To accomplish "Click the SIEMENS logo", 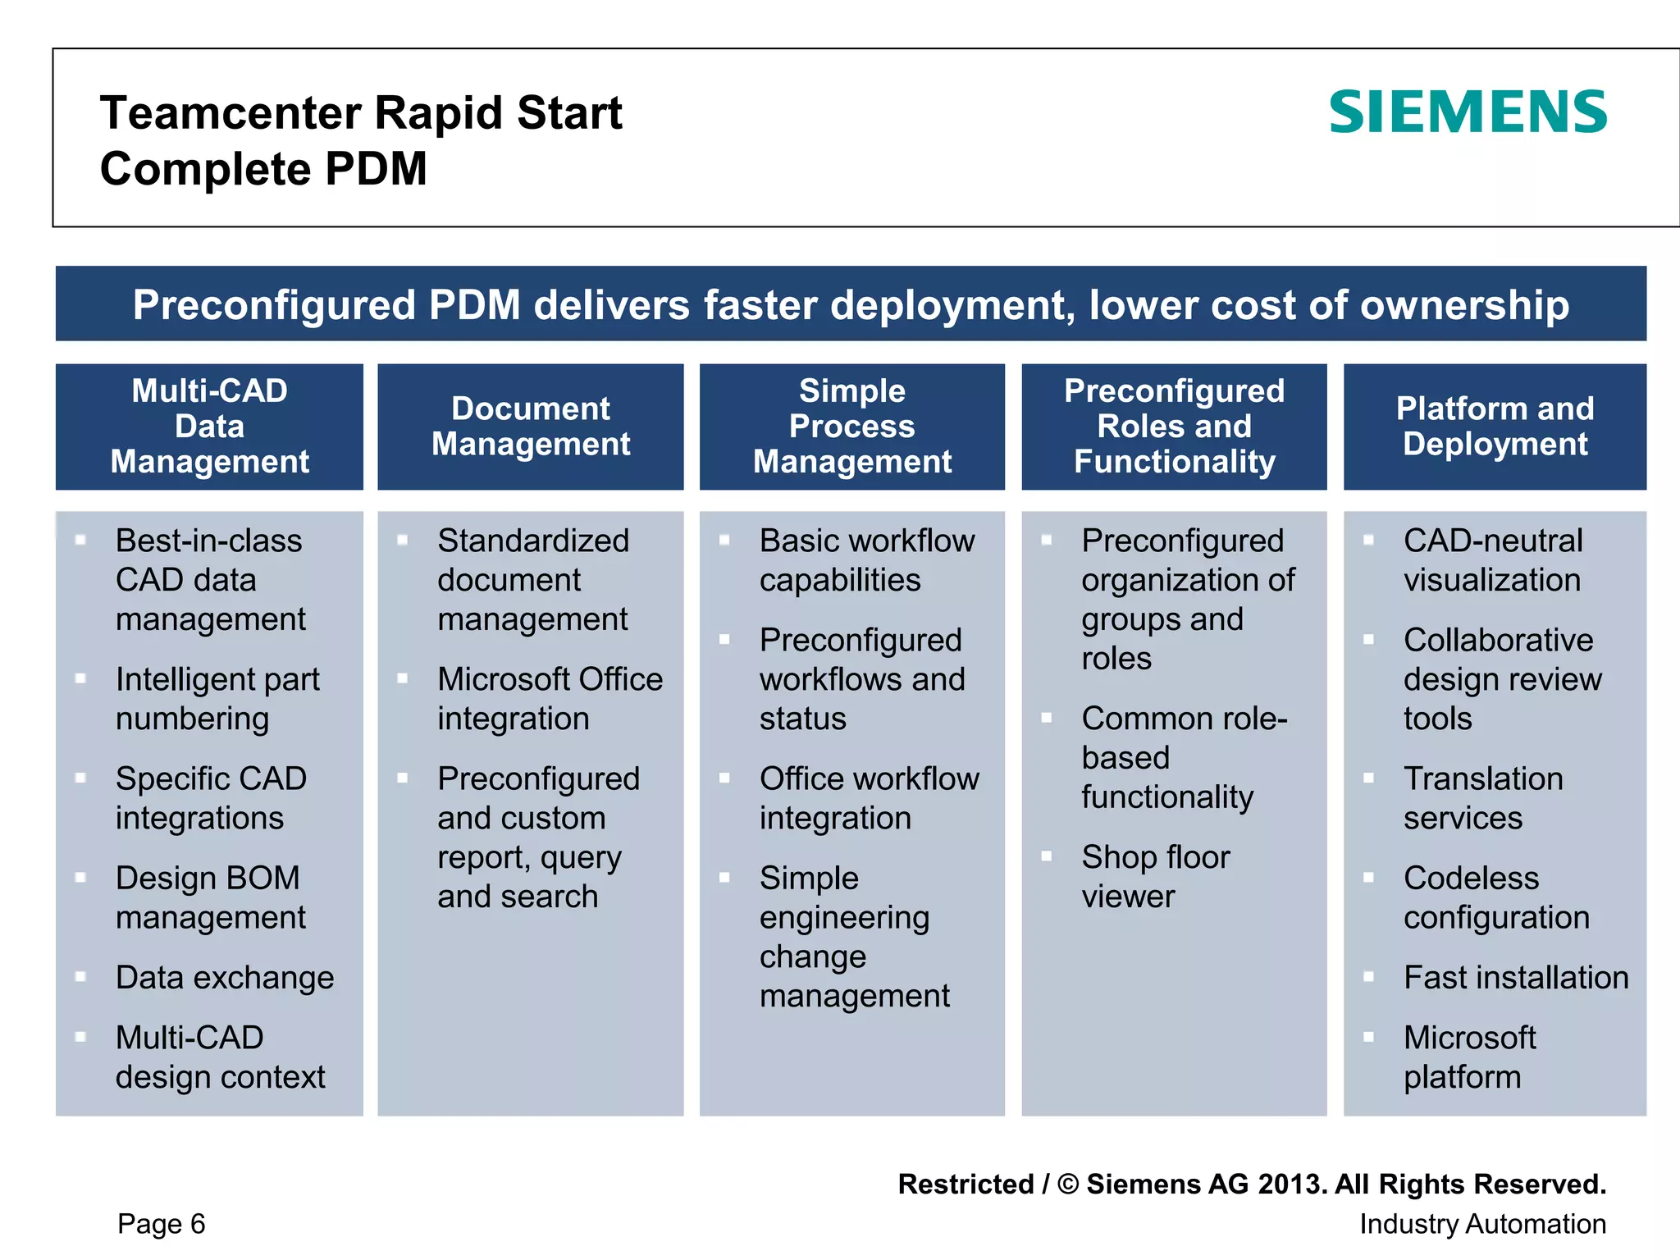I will [1468, 112].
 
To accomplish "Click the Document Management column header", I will [531, 427].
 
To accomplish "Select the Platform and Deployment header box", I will [1495, 427].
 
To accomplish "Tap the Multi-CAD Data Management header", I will [209, 427].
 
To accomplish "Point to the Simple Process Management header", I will [852, 427].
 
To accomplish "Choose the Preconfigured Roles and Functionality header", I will [1174, 427].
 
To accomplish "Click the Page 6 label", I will [161, 1223].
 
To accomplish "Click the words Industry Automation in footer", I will [1482, 1223].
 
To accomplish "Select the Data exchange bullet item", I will [225, 977].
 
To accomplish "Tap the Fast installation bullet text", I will [1515, 977].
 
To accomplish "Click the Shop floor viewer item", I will [1155, 876].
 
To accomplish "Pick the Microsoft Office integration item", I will [549, 698].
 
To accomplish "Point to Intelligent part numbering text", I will [217, 698].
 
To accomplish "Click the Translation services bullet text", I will [1482, 797].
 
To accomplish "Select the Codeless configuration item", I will [1495, 897].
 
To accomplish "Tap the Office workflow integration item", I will [868, 797].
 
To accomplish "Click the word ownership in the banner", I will [1464, 304].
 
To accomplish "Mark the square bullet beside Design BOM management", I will [80, 877].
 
